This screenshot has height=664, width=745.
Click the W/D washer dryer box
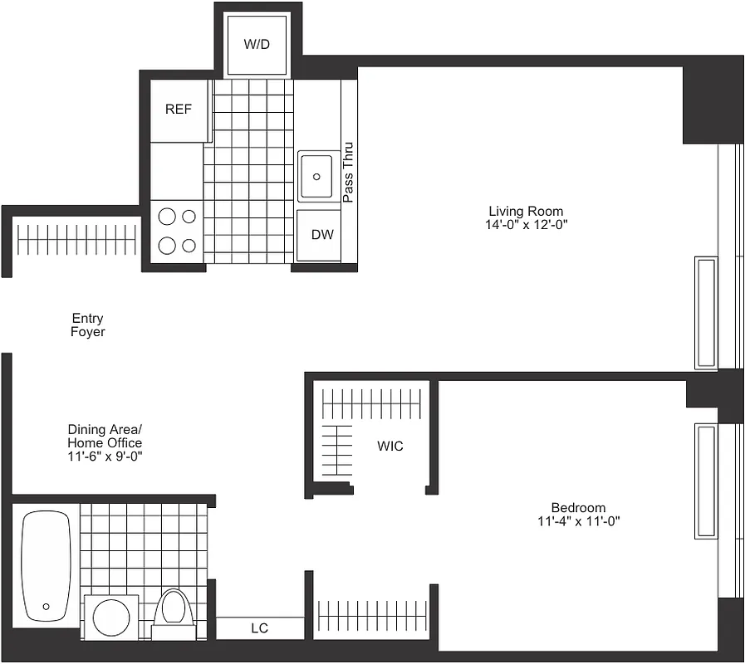[x=257, y=44]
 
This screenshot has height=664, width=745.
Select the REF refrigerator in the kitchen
[x=179, y=110]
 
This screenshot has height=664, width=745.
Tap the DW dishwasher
[x=321, y=235]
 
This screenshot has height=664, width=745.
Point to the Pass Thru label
[x=349, y=173]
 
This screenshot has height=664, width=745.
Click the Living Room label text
[x=526, y=211]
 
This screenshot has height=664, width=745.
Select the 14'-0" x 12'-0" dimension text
[x=527, y=225]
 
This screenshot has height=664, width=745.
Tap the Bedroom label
[x=578, y=507]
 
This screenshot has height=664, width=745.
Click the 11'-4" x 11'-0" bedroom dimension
[x=578, y=521]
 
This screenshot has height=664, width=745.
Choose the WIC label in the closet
[x=390, y=446]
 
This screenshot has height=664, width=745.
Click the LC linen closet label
[x=259, y=628]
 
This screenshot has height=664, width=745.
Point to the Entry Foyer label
[x=87, y=325]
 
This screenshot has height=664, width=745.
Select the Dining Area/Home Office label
[x=105, y=436]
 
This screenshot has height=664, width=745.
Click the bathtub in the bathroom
[x=46, y=566]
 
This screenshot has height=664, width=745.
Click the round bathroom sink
[x=112, y=618]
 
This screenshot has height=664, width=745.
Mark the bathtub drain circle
[x=46, y=607]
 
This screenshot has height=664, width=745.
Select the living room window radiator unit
[x=705, y=313]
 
